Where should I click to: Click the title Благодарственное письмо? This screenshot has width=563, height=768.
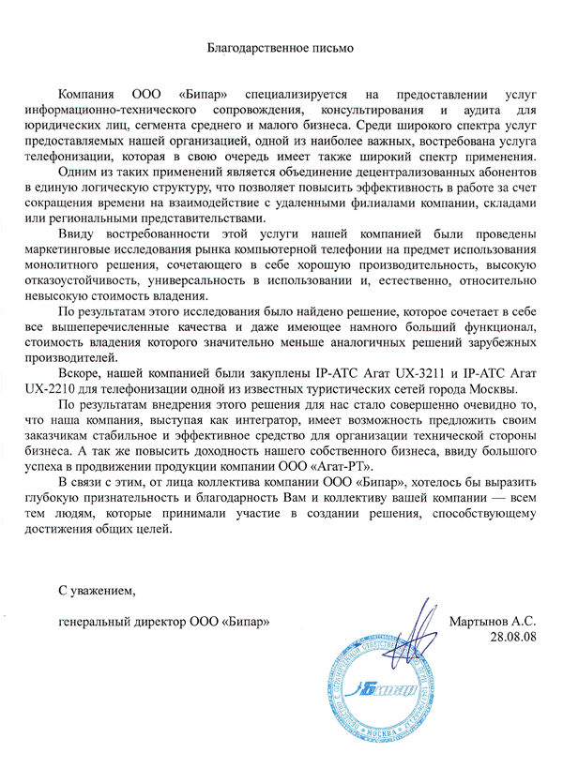pyautogui.click(x=281, y=46)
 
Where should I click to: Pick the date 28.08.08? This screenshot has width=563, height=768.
pyautogui.click(x=512, y=636)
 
